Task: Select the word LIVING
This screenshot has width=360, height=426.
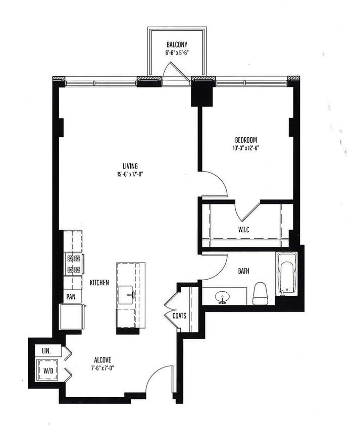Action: pos(130,166)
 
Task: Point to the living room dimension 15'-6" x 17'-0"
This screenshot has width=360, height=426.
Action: pos(130,175)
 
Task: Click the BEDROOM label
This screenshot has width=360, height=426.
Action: pos(246,140)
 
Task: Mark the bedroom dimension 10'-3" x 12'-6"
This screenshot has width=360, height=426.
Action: pos(246,148)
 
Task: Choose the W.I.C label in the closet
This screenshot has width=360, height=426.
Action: pos(245,230)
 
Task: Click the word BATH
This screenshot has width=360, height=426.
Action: pos(243,271)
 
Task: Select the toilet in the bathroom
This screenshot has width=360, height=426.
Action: pos(260,294)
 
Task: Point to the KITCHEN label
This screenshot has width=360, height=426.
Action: pos(99,283)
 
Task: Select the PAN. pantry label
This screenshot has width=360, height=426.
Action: pos(71,297)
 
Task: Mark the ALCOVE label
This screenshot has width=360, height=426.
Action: pos(102,360)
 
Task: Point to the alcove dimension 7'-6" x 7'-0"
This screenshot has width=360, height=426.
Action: pos(102,368)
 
